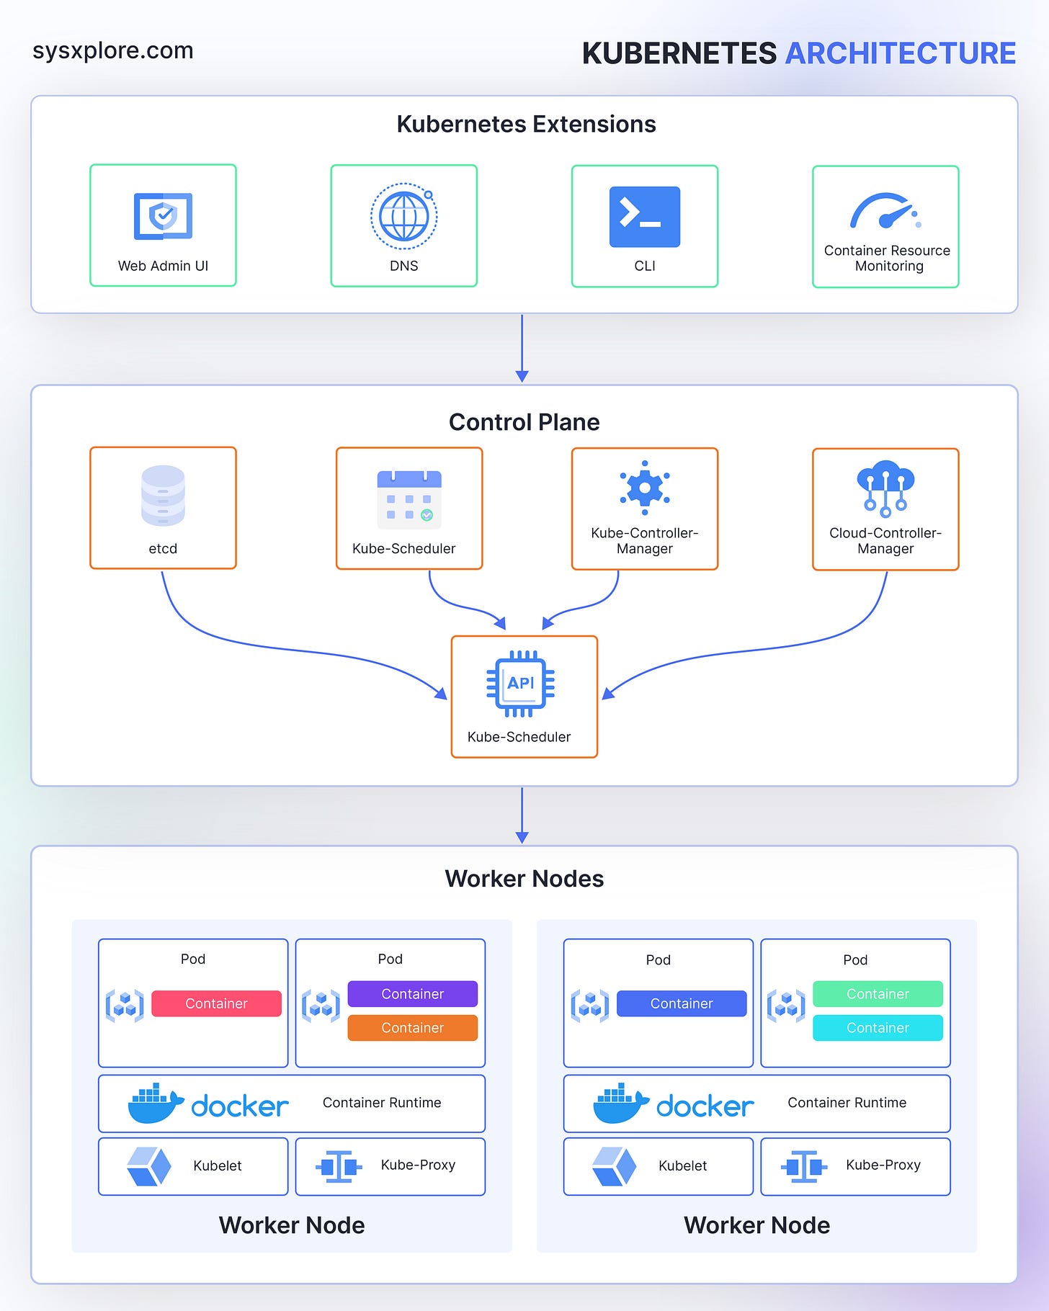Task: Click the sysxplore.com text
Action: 113,50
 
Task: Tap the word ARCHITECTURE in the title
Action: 900,53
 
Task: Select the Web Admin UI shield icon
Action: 163,215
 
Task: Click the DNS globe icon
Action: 403,216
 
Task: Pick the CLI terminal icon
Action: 644,217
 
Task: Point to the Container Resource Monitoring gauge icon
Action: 884,211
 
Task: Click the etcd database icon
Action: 163,495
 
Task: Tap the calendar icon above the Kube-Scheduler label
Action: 409,498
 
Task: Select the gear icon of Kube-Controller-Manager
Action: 644,488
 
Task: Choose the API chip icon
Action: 520,684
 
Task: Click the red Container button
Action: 216,1003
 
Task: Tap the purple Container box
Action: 412,994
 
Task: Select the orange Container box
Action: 412,1028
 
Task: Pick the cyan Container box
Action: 878,1028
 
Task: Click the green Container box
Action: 878,994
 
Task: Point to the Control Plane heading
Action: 524,422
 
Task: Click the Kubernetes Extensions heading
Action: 526,124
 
